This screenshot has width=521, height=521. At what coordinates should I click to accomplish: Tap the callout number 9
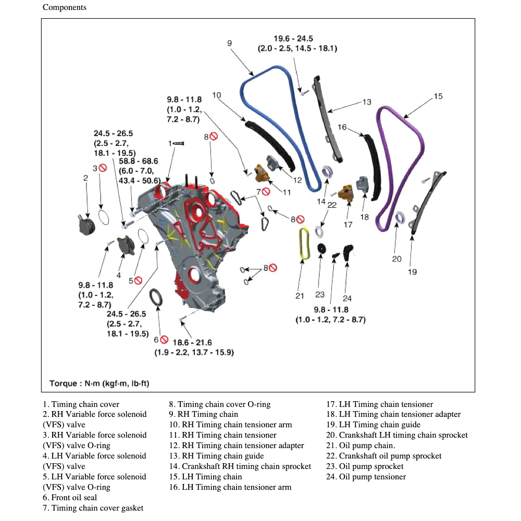click(x=229, y=43)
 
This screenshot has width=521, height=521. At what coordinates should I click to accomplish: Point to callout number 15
click(x=438, y=96)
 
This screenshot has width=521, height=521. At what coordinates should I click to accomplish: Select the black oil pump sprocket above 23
click(x=321, y=249)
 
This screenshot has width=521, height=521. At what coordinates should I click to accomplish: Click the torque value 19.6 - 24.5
click(x=297, y=39)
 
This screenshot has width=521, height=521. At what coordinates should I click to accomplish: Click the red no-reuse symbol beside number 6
click(x=164, y=340)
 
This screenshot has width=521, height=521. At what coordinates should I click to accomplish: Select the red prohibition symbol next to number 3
click(x=103, y=168)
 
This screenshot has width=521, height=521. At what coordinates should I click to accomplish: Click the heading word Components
click(x=65, y=7)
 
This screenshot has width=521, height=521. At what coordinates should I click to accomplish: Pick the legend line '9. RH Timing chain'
click(x=203, y=414)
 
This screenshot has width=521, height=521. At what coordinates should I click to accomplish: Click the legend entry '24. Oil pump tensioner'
click(x=366, y=477)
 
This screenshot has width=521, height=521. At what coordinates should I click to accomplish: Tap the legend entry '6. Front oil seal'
click(x=70, y=498)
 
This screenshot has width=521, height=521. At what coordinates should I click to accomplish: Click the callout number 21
click(x=300, y=296)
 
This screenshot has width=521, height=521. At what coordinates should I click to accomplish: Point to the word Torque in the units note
click(x=63, y=383)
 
